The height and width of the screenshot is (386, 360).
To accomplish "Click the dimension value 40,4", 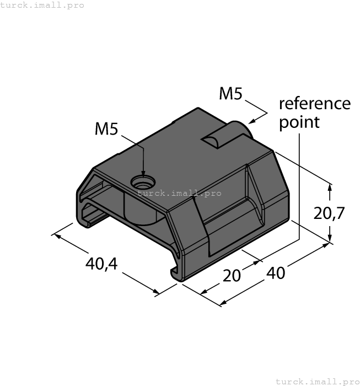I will pyautogui.click(x=101, y=264).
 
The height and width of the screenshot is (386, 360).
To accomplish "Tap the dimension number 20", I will pyautogui.click(x=232, y=275).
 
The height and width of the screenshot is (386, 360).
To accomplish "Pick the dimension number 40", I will pyautogui.click(x=276, y=272).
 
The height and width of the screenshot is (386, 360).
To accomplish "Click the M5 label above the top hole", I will pyautogui.click(x=106, y=129).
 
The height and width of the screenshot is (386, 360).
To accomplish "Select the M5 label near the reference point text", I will pyautogui.click(x=230, y=94).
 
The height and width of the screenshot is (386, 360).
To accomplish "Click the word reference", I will pyautogui.click(x=314, y=103).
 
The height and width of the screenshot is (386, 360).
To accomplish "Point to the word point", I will pyautogui.click(x=299, y=122).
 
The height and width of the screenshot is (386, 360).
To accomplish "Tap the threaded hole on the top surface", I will pyautogui.click(x=143, y=181).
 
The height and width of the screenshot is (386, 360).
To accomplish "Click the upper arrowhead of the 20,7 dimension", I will pyautogui.click(x=330, y=187).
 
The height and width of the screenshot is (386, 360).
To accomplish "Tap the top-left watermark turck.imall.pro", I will pyautogui.click(x=42, y=5).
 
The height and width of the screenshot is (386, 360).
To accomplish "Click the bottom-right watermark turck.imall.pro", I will pyautogui.click(x=316, y=381).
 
